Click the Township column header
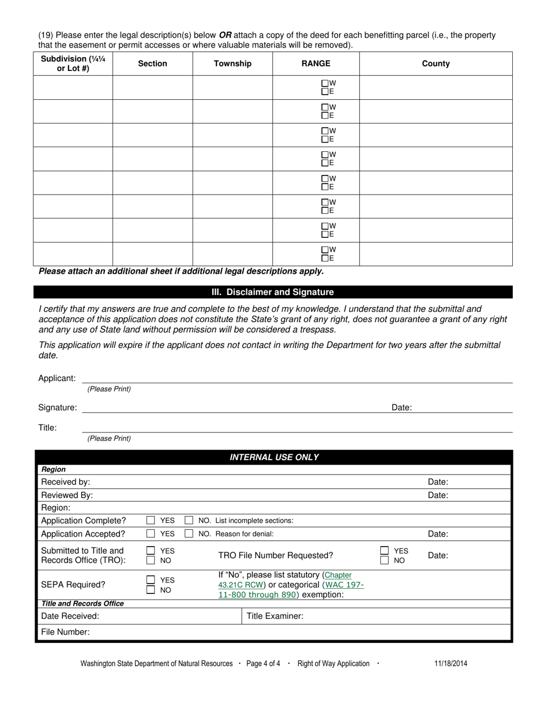232,63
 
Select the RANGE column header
316,63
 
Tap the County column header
436,63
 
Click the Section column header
152,63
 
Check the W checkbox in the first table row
325,83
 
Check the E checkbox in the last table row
325,258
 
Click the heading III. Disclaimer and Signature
273,292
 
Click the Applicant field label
57,378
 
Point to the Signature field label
57,408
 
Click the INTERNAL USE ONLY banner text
274,457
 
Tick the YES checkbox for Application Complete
151,520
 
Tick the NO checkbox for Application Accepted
189,534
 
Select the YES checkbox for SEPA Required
151,580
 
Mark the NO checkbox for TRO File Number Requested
384,560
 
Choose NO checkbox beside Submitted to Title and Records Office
151,560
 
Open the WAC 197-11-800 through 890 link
291,589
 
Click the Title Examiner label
275,616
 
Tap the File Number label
65,632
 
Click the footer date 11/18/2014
451,663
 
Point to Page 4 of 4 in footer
263,663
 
